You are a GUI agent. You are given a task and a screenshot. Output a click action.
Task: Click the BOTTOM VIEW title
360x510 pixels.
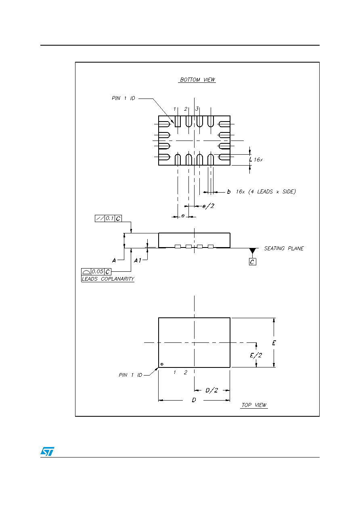pyautogui.click(x=197, y=80)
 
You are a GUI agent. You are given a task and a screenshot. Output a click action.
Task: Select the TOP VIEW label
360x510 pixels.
pyautogui.click(x=254, y=405)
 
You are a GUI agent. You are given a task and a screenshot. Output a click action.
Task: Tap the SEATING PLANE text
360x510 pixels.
pyautogui.click(x=284, y=248)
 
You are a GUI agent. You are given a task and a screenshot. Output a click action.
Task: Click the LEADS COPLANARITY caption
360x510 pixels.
pyautogui.click(x=108, y=279)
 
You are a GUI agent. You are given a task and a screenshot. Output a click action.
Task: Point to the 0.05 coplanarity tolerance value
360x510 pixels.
pyautogui.click(x=97, y=271)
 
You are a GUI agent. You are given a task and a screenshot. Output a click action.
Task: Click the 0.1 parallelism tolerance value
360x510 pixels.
pyautogui.click(x=109, y=218)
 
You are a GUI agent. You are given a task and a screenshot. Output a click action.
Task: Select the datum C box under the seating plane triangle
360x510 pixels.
pyautogui.click(x=252, y=262)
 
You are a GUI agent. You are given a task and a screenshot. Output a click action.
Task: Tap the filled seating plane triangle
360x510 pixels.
pyautogui.click(x=252, y=250)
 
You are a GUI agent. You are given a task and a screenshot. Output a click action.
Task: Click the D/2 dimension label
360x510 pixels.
pyautogui.click(x=211, y=390)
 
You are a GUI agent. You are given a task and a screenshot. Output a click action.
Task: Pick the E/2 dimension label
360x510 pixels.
pyautogui.click(x=256, y=355)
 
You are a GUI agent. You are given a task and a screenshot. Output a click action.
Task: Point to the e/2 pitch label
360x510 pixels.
pyautogui.click(x=208, y=206)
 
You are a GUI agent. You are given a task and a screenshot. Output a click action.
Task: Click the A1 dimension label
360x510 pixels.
pyautogui.click(x=138, y=260)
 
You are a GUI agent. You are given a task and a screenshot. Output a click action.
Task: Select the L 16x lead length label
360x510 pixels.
pyautogui.click(x=256, y=160)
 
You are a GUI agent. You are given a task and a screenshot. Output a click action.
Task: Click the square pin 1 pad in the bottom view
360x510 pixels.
pyautogui.click(x=178, y=121)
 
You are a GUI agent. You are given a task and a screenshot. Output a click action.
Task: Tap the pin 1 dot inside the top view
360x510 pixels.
pyautogui.click(x=162, y=364)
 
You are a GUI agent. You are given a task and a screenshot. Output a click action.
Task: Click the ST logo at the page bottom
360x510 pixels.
pyautogui.click(x=47, y=451)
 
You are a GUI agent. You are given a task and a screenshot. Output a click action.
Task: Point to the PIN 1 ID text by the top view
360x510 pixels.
pyautogui.click(x=130, y=375)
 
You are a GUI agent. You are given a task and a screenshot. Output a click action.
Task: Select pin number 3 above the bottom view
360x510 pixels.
pyautogui.click(x=197, y=109)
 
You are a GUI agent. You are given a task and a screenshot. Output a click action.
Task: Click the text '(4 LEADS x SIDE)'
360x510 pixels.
pyautogui.click(x=272, y=191)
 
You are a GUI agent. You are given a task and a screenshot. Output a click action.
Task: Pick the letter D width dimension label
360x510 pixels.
pyautogui.click(x=194, y=400)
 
